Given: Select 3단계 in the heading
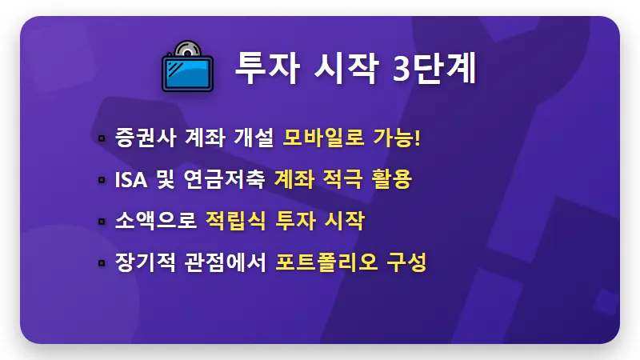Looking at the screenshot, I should (435, 69).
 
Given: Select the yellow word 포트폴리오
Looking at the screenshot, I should (328, 262).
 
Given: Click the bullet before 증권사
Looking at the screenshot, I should (102, 138).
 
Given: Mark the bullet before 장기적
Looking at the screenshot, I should (102, 262).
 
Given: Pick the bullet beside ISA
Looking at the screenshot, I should (102, 180).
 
